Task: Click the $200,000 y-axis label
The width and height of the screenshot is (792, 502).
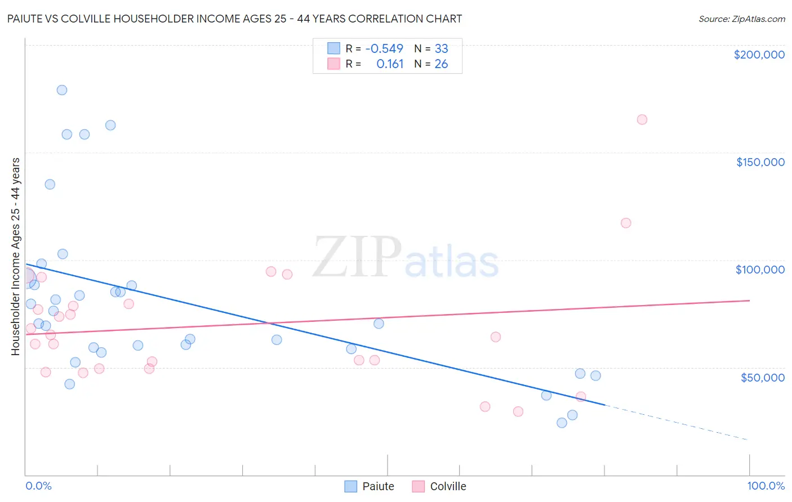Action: tap(759, 55)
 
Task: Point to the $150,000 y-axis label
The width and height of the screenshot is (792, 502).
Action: tap(760, 162)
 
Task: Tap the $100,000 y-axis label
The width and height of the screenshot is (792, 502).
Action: tap(760, 270)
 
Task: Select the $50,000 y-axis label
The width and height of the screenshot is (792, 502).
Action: tap(762, 377)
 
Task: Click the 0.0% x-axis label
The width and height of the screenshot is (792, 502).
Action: tap(38, 486)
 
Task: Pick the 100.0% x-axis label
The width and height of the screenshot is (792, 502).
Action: tap(766, 486)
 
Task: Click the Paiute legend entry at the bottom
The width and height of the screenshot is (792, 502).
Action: tap(370, 486)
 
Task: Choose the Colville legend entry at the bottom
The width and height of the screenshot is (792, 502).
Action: tap(439, 486)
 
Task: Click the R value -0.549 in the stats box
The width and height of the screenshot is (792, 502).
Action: tap(384, 48)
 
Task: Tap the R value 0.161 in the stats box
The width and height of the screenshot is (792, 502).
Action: tap(390, 64)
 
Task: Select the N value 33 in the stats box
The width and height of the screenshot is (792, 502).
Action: tap(441, 48)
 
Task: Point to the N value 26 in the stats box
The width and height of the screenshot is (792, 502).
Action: tap(441, 64)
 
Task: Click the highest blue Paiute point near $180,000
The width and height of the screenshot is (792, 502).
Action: tap(62, 90)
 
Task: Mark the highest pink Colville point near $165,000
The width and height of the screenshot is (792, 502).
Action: tap(642, 119)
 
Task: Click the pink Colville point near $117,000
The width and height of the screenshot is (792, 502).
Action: tap(626, 223)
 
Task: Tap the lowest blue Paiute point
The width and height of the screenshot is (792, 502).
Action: tap(562, 423)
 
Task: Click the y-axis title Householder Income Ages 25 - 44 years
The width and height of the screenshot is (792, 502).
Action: tap(15, 257)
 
